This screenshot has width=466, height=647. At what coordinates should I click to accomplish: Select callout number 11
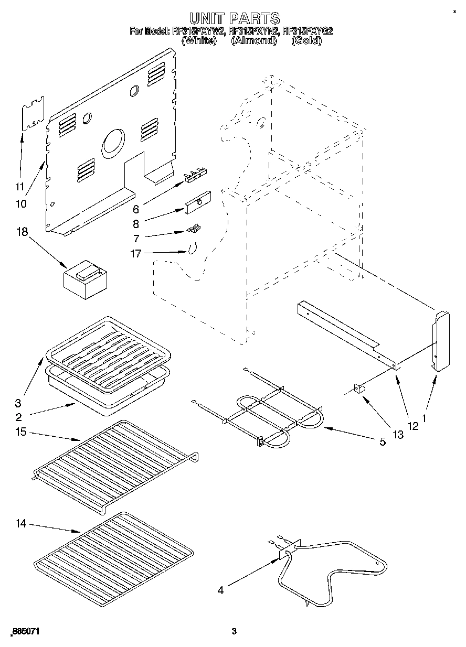(x=19, y=186)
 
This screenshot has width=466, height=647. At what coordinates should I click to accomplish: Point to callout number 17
(x=135, y=254)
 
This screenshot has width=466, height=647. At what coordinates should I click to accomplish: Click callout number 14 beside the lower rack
(x=21, y=523)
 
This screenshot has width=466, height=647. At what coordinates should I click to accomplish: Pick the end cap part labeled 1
(x=441, y=341)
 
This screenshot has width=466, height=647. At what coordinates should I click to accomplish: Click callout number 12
(x=413, y=426)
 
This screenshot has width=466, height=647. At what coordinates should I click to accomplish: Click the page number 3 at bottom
(x=234, y=631)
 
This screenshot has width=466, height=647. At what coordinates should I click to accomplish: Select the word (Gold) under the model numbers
(x=306, y=40)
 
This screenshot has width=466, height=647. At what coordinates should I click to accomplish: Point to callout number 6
(x=135, y=209)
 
